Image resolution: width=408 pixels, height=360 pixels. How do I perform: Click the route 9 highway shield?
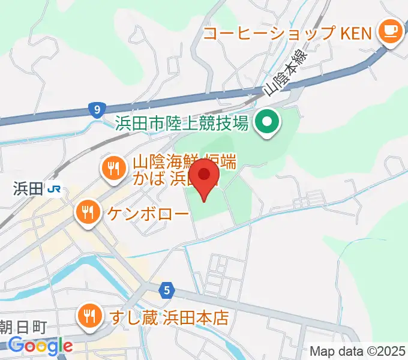pos(95,110)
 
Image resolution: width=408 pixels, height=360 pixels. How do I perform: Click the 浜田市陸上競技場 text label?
pos(182,124)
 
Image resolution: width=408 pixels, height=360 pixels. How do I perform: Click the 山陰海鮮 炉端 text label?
pos(185,161)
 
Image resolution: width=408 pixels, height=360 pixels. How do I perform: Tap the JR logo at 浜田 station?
pos(55,189)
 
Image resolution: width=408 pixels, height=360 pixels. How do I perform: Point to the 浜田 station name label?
pos(27,189)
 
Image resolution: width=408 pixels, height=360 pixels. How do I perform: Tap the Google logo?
pos(40,346)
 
